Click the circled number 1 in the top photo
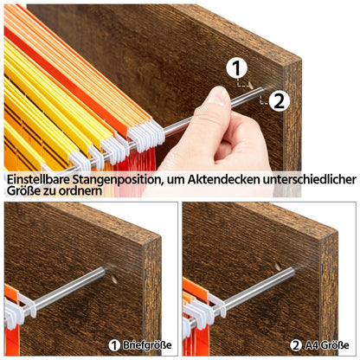click(x=237, y=68)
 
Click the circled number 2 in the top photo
click(x=279, y=100)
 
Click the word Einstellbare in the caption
click(x=38, y=179)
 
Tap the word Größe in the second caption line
click(x=23, y=190)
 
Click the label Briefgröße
click(x=147, y=345)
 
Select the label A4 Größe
click(x=326, y=345)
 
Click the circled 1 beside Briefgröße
click(x=114, y=345)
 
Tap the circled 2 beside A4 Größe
click(x=296, y=345)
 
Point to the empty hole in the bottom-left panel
click(x=114, y=279)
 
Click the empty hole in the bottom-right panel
click(x=278, y=266)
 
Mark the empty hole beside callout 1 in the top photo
click(x=251, y=85)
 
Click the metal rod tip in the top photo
click(x=260, y=91)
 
